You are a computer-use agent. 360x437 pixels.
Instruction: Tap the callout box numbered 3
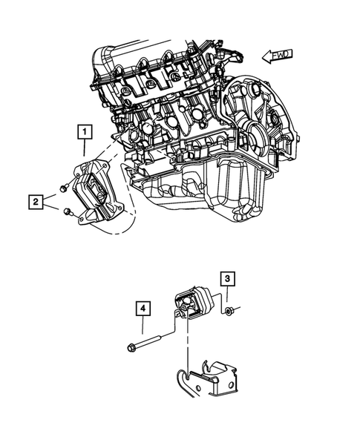[x=229, y=280]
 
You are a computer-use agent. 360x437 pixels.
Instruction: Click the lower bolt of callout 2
[x=69, y=214]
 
